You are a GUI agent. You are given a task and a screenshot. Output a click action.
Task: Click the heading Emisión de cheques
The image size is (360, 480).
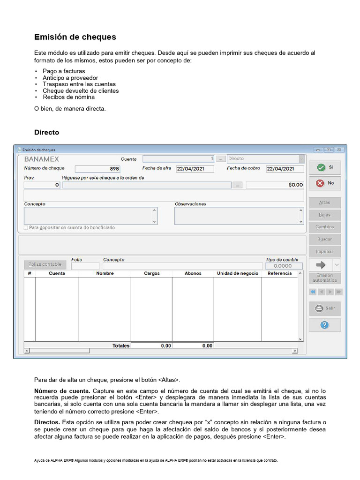[75, 37]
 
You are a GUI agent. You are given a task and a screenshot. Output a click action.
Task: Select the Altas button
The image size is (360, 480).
[324, 202]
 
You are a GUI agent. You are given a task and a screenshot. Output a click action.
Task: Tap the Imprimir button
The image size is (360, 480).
[324, 251]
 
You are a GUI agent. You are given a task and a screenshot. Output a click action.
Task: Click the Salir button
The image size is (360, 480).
[324, 308]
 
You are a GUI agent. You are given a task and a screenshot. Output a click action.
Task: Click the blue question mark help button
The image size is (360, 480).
[324, 325]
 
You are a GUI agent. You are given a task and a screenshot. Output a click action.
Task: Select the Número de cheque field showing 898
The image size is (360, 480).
[97, 169]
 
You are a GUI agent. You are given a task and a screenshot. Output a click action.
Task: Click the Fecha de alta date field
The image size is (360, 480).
[195, 169]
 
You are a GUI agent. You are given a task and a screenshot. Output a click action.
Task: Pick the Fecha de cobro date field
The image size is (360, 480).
[285, 169]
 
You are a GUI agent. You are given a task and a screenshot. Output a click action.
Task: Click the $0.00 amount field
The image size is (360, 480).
[275, 185]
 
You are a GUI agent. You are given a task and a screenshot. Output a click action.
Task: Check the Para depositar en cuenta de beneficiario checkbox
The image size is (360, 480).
[26, 227]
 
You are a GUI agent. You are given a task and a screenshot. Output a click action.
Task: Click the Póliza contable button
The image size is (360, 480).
[45, 264]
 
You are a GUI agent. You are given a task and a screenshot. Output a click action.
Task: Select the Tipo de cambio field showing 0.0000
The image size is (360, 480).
[282, 266]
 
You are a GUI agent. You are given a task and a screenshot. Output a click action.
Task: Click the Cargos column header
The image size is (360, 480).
[151, 273]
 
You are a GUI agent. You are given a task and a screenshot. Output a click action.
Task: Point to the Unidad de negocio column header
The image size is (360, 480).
[237, 273]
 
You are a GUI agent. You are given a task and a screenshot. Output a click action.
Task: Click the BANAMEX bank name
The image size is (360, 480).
[42, 159]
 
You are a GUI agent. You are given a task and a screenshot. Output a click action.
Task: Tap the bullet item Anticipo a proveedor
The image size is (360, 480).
[70, 78]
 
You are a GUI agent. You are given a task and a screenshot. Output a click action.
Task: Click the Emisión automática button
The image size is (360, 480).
[324, 277]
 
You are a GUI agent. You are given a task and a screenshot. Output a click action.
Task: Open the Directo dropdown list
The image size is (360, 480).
[301, 159]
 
